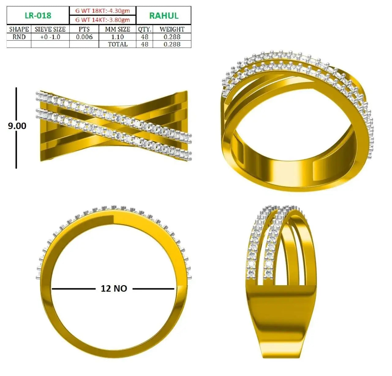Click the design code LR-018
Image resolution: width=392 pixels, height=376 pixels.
(x=38, y=16)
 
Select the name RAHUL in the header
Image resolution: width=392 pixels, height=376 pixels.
(x=164, y=16)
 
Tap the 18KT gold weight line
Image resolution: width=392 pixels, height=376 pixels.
(x=103, y=10)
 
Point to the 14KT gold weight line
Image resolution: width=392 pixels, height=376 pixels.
(x=103, y=20)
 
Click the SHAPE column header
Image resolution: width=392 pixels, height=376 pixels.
(x=19, y=29)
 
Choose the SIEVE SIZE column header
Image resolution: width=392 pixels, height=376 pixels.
(x=50, y=29)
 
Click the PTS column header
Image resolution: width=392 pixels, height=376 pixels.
(x=84, y=29)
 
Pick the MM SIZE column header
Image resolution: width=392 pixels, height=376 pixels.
(x=117, y=29)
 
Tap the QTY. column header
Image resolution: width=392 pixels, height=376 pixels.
(x=145, y=30)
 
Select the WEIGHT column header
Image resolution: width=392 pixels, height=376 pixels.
(x=172, y=29)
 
